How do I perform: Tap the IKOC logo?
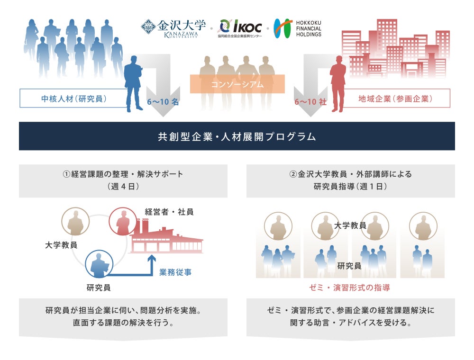point(240,28)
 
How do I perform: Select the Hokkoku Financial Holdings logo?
point(298,28)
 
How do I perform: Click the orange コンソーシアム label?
point(237,84)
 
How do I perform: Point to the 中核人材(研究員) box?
point(73,99)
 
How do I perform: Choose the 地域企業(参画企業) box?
point(395,99)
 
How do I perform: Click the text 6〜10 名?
point(163,101)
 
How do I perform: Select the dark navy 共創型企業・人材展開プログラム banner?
point(237,136)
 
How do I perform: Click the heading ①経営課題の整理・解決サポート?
point(123,174)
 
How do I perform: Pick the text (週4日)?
point(123,187)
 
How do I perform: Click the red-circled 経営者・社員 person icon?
point(122,222)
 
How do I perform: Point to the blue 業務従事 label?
point(175,272)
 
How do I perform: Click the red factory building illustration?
point(166,239)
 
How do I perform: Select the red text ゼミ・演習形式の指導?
point(350,288)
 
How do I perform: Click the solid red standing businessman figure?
point(338,85)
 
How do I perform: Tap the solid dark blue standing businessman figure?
point(133,85)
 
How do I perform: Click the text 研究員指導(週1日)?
point(350,187)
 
